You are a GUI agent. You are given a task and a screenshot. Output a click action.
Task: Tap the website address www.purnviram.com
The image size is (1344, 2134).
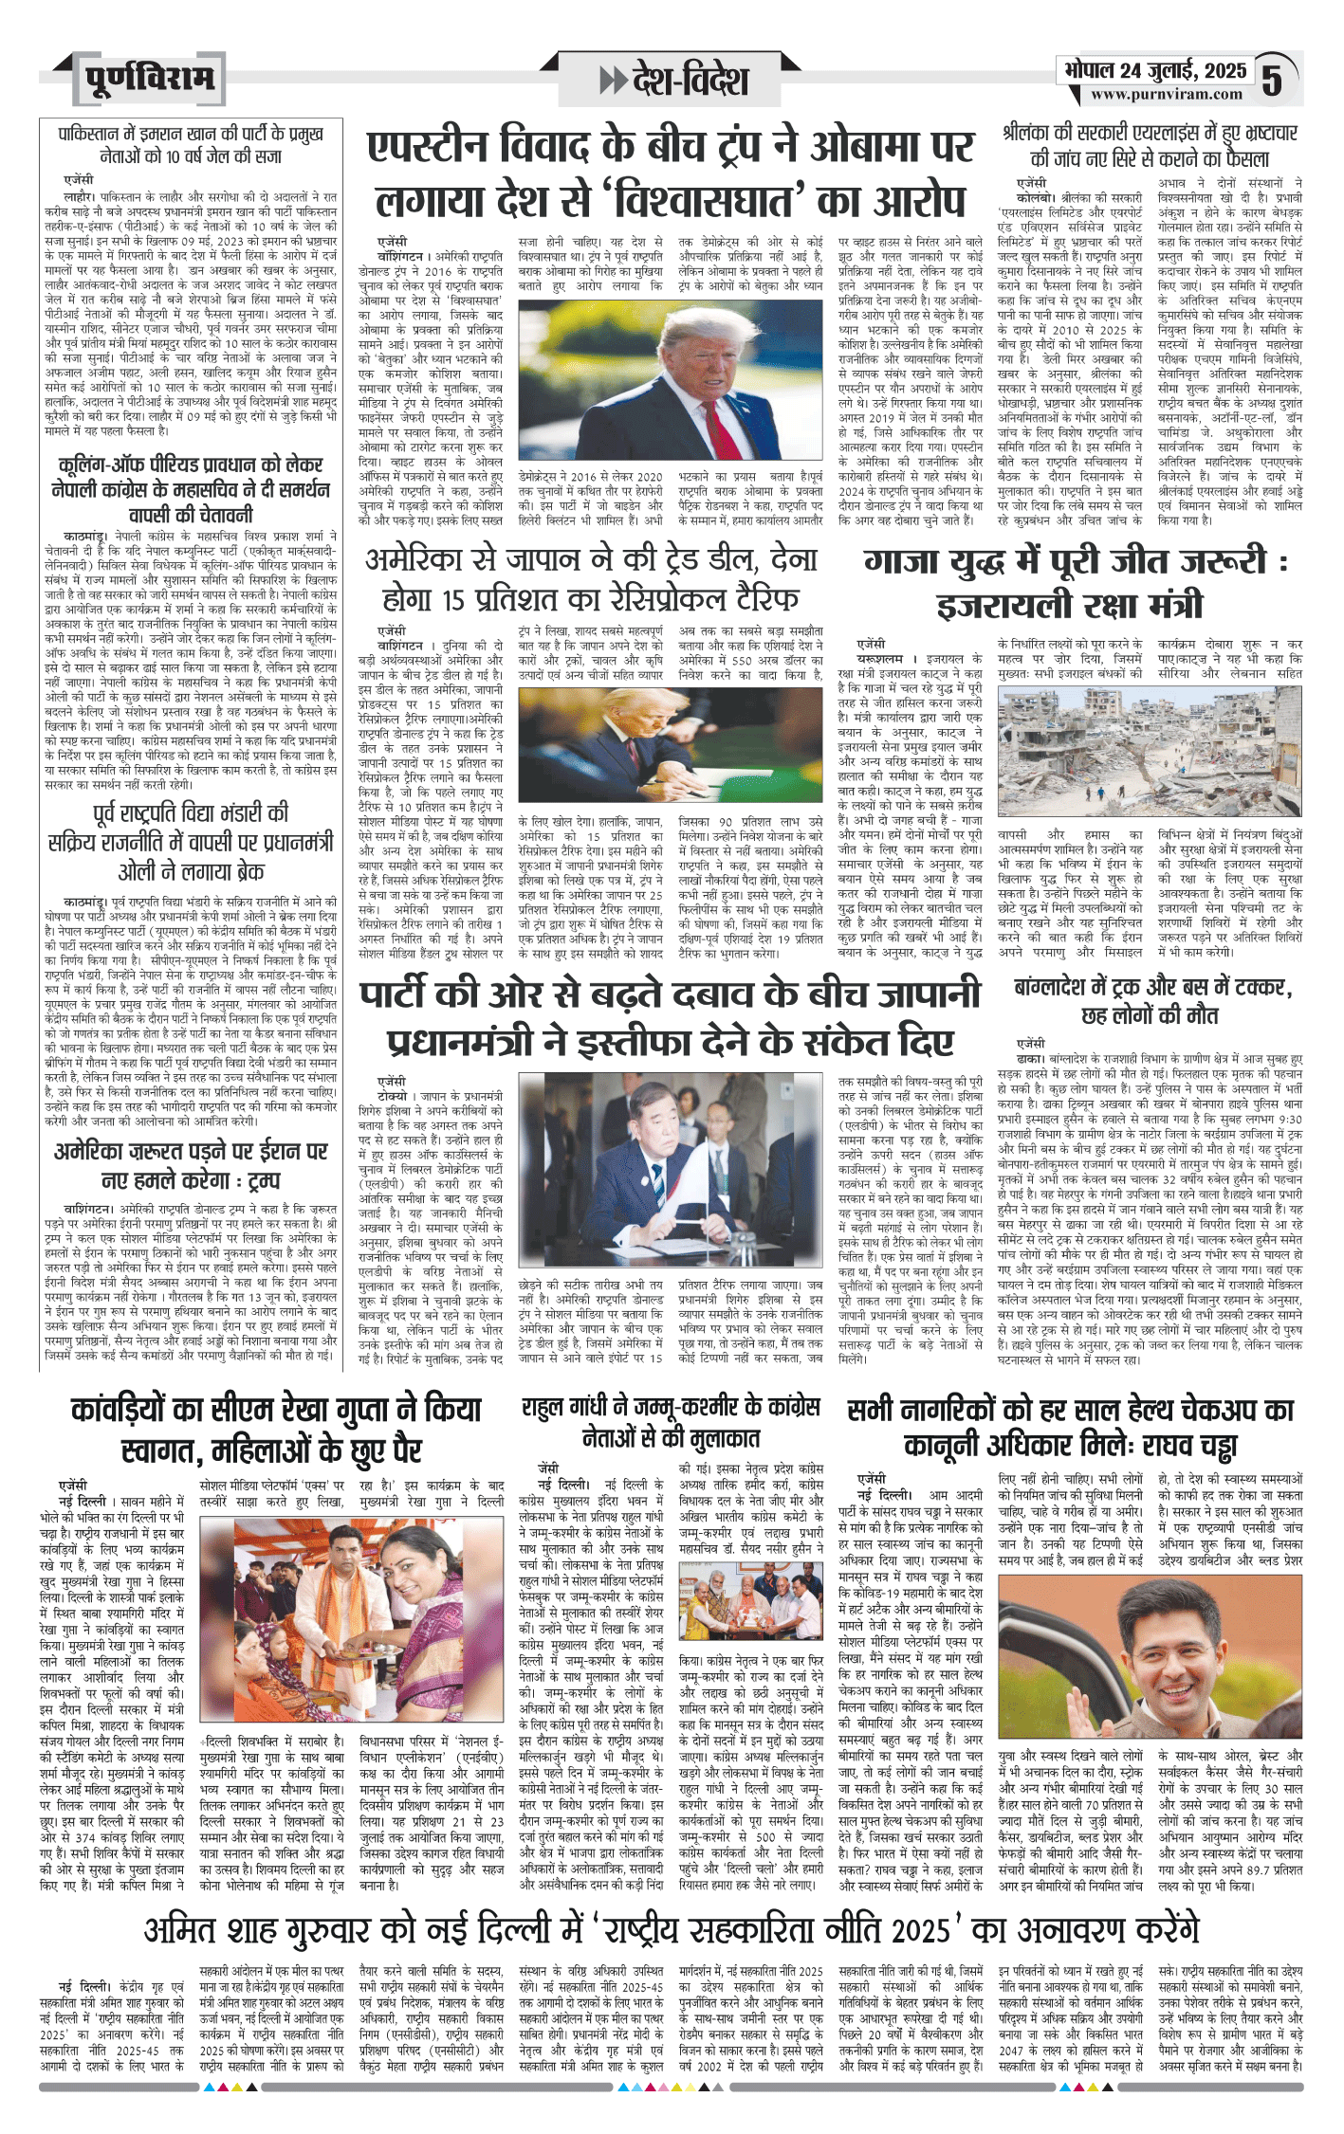pos(1166,94)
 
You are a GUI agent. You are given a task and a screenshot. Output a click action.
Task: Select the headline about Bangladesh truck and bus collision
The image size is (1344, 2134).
pos(1152,1001)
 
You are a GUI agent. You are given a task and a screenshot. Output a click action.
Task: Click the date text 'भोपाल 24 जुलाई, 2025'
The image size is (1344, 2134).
pos(1155,71)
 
